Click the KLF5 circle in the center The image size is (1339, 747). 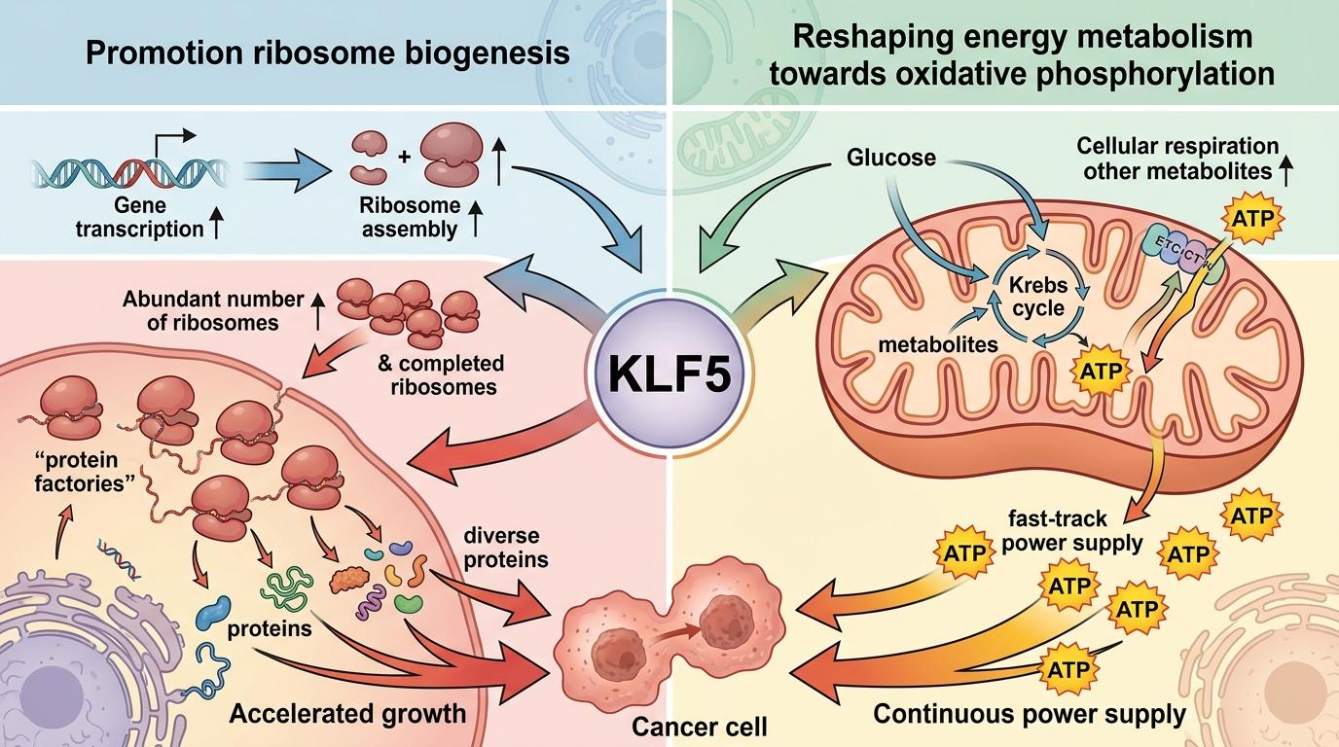click(670, 373)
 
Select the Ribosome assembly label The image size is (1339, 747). click(408, 219)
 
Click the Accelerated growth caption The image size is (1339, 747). click(347, 714)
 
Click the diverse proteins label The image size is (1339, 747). click(501, 548)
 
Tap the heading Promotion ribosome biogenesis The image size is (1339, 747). click(328, 52)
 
